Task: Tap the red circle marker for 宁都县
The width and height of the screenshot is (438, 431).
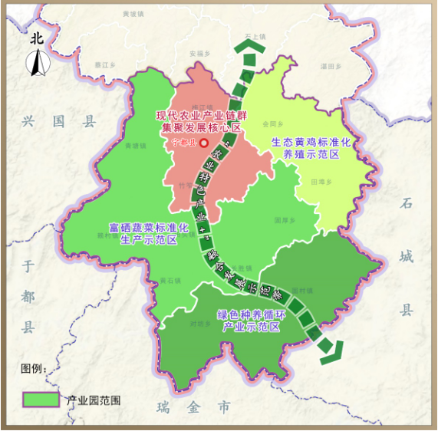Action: (204, 143)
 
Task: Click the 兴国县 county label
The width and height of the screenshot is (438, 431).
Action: (62, 121)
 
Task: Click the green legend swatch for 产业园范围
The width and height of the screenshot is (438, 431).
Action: (41, 399)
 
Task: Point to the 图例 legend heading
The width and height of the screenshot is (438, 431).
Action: (34, 369)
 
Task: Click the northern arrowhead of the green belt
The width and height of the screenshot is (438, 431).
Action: (248, 50)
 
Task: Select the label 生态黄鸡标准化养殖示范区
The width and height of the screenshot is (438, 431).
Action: (311, 148)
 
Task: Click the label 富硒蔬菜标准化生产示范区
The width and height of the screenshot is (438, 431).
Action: (149, 234)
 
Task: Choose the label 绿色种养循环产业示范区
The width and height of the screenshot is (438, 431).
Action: (251, 321)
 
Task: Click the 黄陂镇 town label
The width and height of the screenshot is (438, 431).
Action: (133, 14)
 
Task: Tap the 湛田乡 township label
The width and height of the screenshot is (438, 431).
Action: (331, 67)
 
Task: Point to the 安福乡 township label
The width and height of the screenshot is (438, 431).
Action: (199, 54)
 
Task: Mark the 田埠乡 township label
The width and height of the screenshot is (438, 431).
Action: (320, 182)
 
